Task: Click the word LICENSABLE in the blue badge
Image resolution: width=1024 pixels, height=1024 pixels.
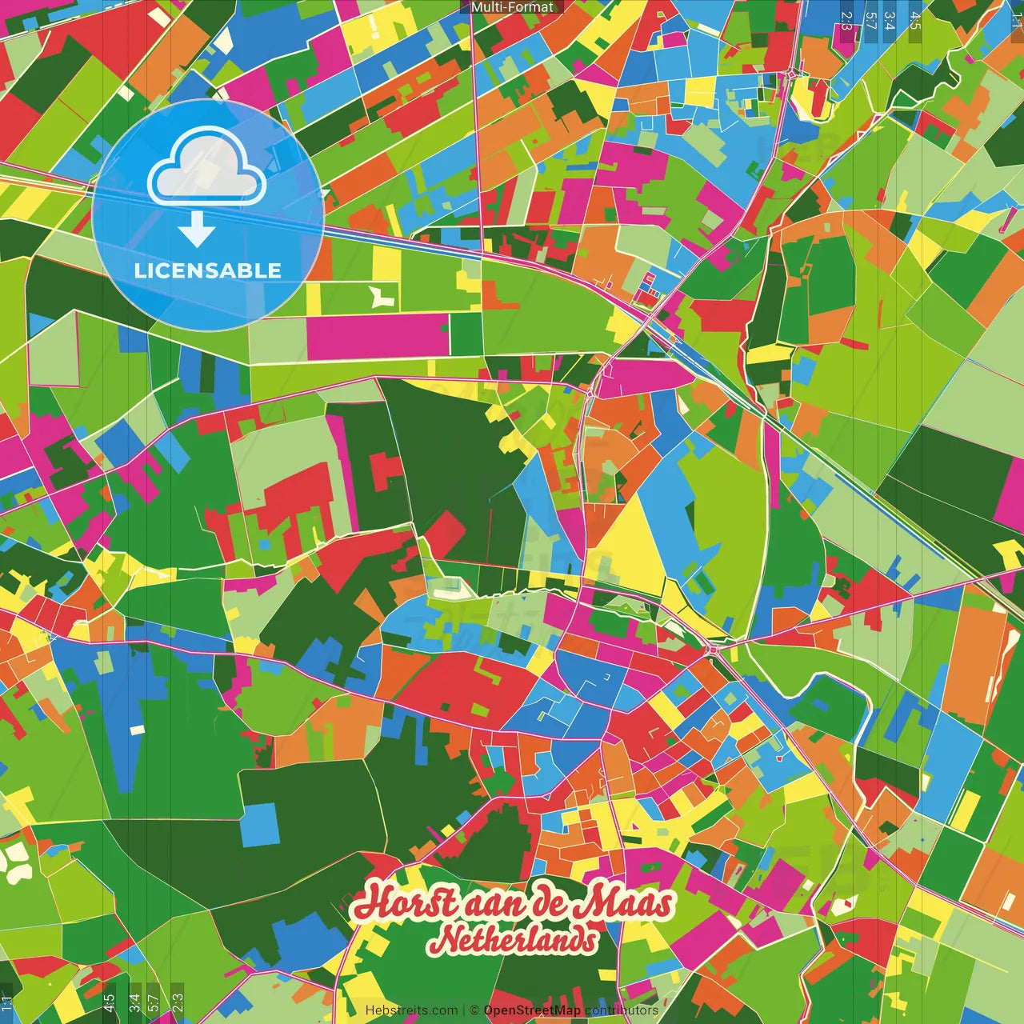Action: pyautogui.click(x=208, y=270)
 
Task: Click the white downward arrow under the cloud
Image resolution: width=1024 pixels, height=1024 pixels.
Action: pyautogui.click(x=197, y=229)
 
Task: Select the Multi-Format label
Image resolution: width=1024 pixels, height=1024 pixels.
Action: pyautogui.click(x=512, y=7)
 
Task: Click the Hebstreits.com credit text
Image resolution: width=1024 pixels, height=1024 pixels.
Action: pyautogui.click(x=411, y=1010)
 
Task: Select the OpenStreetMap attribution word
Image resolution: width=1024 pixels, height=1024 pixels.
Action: pyautogui.click(x=532, y=1010)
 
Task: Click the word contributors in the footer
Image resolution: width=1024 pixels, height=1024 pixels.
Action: pyautogui.click(x=622, y=1010)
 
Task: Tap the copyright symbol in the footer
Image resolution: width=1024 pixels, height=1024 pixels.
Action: pyautogui.click(x=474, y=1010)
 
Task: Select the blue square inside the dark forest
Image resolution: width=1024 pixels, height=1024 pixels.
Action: pyautogui.click(x=261, y=825)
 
